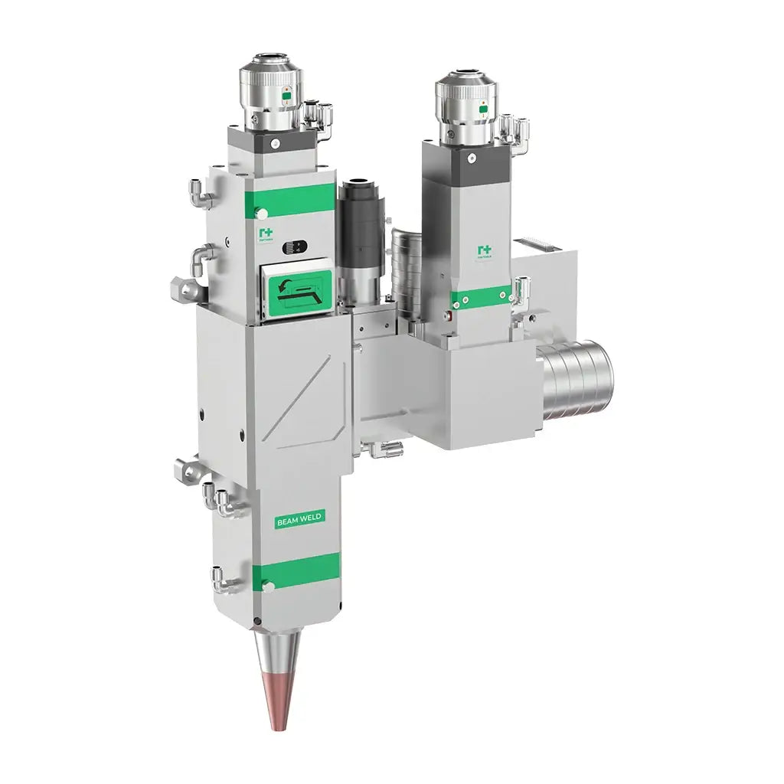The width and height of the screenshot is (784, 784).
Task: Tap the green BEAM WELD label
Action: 299,518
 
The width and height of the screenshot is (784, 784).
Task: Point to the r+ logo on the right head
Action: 484,251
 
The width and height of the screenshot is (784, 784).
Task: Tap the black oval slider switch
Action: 293,247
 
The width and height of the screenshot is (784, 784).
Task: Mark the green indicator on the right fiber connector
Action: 482,109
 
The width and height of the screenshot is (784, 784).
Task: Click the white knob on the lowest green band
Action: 269,586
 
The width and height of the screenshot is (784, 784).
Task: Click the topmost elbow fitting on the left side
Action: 201,195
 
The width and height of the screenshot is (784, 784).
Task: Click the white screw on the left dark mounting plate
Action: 275,142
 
